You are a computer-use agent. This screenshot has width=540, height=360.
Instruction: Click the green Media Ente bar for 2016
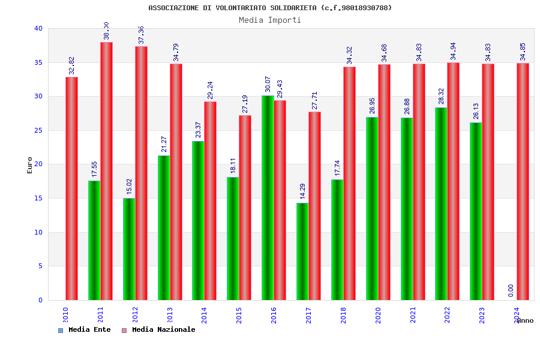click(x=268, y=198)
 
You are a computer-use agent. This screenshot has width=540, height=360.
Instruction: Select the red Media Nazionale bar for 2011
click(x=106, y=171)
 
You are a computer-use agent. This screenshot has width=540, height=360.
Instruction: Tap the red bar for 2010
click(x=71, y=188)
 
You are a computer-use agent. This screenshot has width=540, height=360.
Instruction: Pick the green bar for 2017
click(x=302, y=251)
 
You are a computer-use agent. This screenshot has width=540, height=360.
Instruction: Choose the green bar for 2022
click(x=441, y=204)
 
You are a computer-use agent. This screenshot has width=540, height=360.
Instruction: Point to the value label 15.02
click(x=129, y=185)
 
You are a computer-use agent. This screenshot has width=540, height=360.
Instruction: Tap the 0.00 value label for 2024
click(x=511, y=290)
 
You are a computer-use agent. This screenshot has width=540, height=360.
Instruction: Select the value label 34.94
click(x=454, y=51)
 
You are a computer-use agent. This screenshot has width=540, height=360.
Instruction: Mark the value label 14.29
click(x=303, y=191)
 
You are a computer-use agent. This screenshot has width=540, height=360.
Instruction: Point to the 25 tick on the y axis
click(x=38, y=130)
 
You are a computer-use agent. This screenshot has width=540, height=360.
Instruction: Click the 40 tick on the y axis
click(x=38, y=28)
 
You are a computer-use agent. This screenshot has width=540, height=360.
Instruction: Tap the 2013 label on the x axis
click(x=170, y=315)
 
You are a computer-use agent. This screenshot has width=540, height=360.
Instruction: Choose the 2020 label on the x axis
click(x=378, y=315)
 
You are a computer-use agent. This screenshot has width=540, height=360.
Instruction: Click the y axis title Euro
click(x=30, y=165)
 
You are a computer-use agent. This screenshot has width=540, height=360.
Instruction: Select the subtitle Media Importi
click(x=270, y=20)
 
